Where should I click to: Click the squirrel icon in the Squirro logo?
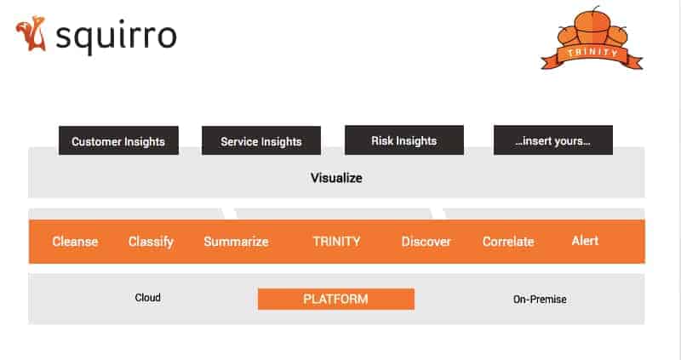(x=31, y=33)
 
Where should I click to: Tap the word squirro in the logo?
(x=116, y=37)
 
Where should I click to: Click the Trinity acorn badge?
(x=592, y=37)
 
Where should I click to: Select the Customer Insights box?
(x=118, y=140)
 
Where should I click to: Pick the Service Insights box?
(x=261, y=140)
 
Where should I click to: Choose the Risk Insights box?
(x=404, y=140)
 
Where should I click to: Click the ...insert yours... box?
(x=552, y=140)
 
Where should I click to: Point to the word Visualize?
(x=336, y=178)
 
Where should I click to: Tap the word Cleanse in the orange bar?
(x=75, y=241)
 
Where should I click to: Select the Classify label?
(x=152, y=242)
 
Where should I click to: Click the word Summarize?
(x=237, y=242)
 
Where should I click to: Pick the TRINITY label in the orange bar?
(x=336, y=241)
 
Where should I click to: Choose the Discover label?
(x=426, y=242)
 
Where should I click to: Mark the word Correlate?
(x=508, y=242)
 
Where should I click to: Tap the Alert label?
(x=585, y=241)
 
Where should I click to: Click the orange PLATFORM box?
(x=336, y=299)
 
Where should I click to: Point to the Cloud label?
(x=147, y=298)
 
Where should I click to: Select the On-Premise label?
(x=540, y=300)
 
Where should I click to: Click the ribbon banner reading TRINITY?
(x=592, y=55)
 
